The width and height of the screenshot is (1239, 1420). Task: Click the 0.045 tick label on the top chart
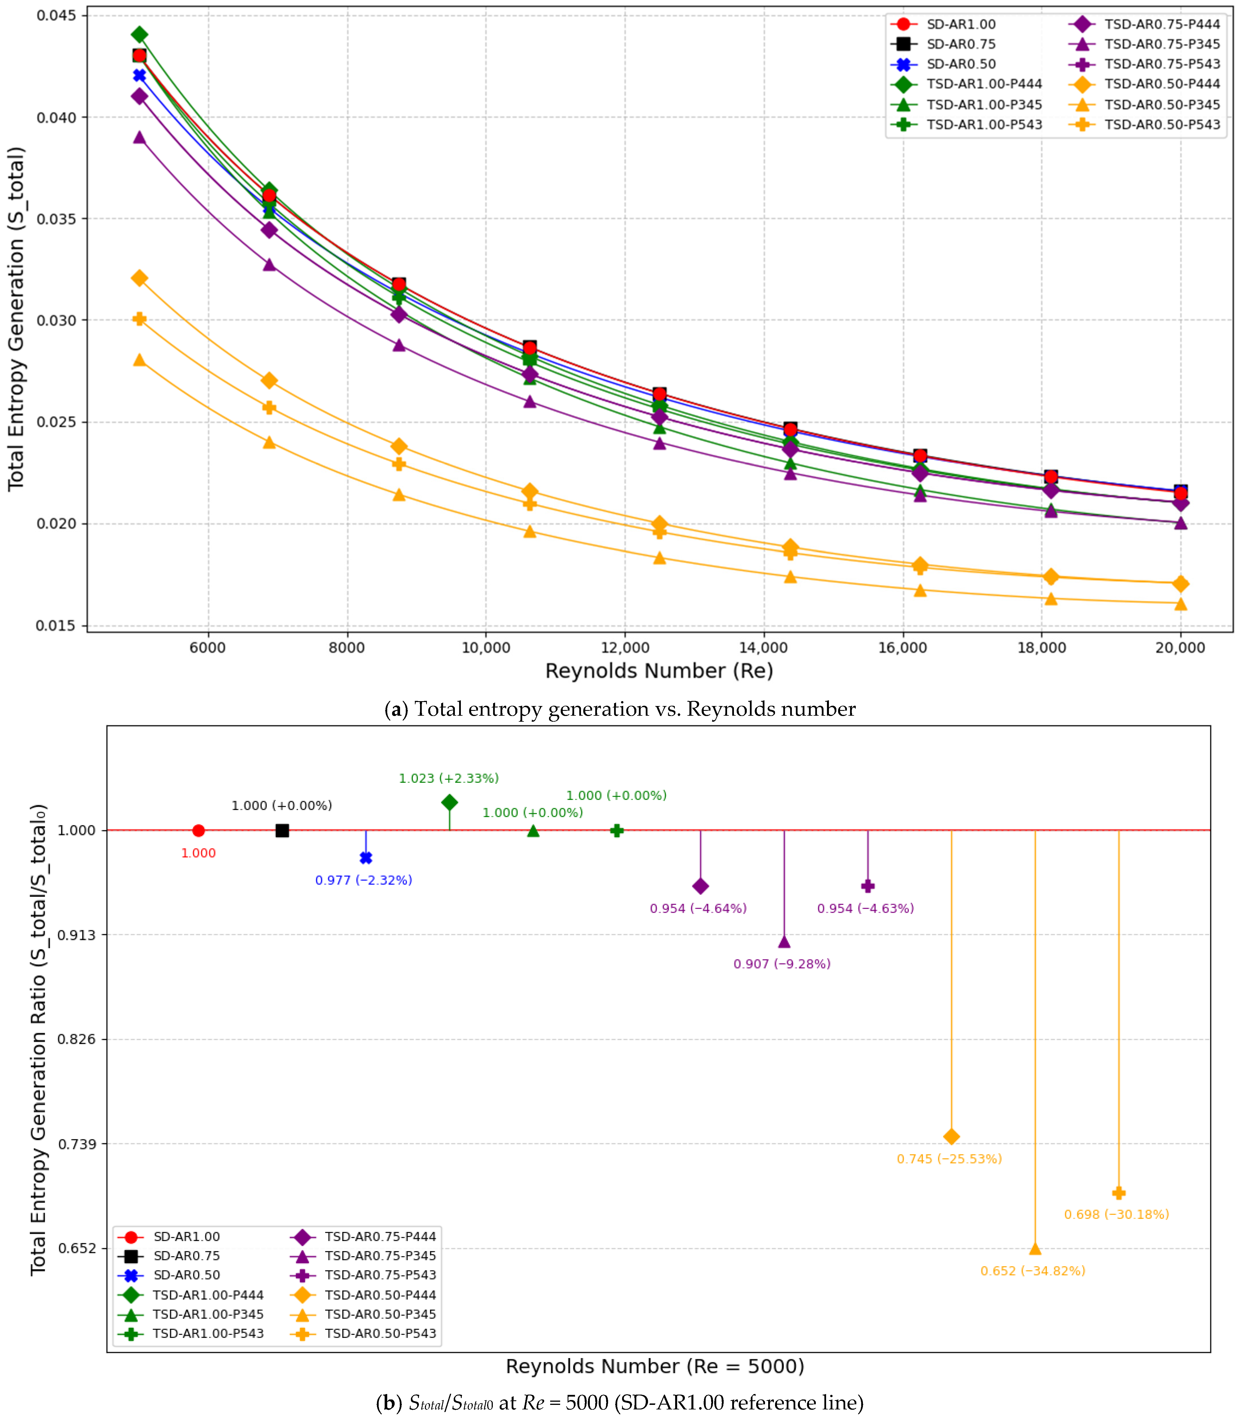pyautogui.click(x=57, y=15)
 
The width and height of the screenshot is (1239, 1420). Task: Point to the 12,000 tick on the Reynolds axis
pyautogui.click(x=625, y=647)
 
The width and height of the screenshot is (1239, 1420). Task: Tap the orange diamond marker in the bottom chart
pyautogui.click(x=951, y=1137)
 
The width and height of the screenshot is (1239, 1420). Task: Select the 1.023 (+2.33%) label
pyautogui.click(x=449, y=778)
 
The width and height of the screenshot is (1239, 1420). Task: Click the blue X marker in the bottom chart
pyautogui.click(x=366, y=858)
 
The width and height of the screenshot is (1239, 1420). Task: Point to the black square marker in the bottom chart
pyautogui.click(x=282, y=830)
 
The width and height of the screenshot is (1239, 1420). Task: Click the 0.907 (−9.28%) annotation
pyautogui.click(x=782, y=964)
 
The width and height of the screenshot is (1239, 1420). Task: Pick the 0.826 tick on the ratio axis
pyautogui.click(x=77, y=1039)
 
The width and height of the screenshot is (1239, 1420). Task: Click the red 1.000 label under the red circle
pyautogui.click(x=198, y=853)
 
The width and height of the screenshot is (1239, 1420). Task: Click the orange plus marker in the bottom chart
pyautogui.click(x=1119, y=1193)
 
